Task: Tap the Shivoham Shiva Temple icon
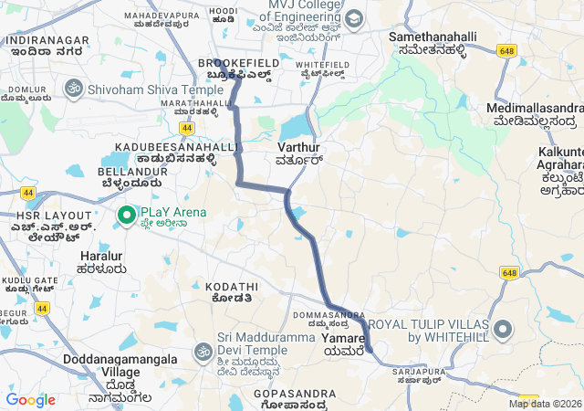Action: pyautogui.click(x=73, y=89)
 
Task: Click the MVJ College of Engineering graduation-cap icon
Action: pyautogui.click(x=353, y=18)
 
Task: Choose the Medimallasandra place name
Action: pyautogui.click(x=535, y=108)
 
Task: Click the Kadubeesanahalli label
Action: pyautogui.click(x=164, y=146)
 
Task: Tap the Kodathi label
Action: pyautogui.click(x=232, y=286)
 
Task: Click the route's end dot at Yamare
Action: pyautogui.click(x=369, y=348)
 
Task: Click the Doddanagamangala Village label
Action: pyautogui.click(x=120, y=365)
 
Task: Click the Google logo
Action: pyautogui.click(x=30, y=400)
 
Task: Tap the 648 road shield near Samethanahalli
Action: pyautogui.click(x=508, y=51)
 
